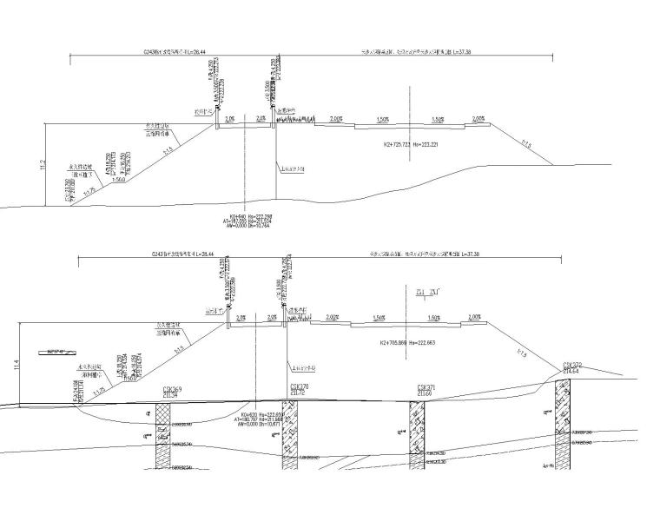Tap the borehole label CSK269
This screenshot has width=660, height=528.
point(171,389)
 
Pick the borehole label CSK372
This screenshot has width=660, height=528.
point(572,365)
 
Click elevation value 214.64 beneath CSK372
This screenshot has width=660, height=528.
point(572,372)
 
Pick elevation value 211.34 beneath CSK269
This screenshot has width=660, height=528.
point(171,395)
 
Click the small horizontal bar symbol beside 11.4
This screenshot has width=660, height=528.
point(55,352)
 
